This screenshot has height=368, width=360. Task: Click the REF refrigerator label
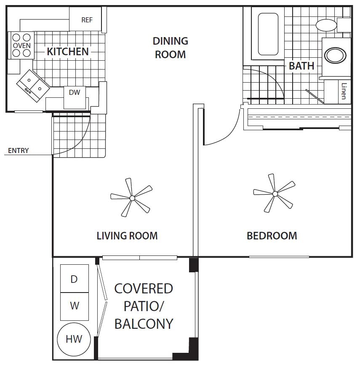tap(87, 20)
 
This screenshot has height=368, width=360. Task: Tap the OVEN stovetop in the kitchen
tap(21, 45)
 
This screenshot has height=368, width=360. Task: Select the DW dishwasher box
tap(75, 98)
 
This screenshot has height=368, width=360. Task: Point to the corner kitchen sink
tap(33, 86)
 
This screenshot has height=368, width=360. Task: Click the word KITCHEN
tap(68, 51)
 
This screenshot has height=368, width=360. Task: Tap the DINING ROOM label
tap(171, 48)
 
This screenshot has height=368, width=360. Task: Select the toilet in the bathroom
tap(333, 25)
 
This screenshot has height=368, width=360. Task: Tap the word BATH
tap(301, 66)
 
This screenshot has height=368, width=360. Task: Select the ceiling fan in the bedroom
tap(274, 193)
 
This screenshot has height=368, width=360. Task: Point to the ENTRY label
tap(18, 150)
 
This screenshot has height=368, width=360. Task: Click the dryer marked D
tap(75, 279)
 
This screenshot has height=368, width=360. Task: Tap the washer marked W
tap(75, 306)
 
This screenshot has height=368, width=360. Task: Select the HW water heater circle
tap(74, 339)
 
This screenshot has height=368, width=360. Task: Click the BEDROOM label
tap(272, 236)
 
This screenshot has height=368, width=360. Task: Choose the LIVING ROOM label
tap(127, 236)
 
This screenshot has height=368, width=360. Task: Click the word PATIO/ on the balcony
tap(144, 306)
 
